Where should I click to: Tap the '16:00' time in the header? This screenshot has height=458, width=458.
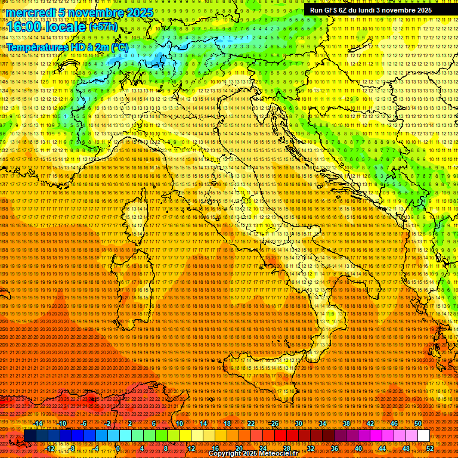(24, 27)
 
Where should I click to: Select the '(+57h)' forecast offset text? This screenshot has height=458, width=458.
(103, 27)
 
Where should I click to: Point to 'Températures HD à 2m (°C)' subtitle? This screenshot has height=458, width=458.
(67, 47)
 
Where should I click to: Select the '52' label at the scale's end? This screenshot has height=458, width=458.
(430, 448)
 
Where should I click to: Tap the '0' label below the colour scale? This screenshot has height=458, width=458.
(119, 448)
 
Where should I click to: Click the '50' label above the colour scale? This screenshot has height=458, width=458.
(418, 423)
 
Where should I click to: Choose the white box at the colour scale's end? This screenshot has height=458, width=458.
(423, 435)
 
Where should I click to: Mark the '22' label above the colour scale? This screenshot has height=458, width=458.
(251, 423)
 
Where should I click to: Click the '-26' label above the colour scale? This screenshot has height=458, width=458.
(274, 423)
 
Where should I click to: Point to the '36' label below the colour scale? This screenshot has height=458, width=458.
(335, 448)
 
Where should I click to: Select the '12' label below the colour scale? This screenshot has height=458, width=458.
(191, 448)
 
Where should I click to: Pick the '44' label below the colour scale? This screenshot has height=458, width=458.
(382, 448)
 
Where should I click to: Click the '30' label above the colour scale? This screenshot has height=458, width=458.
(299, 423)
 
